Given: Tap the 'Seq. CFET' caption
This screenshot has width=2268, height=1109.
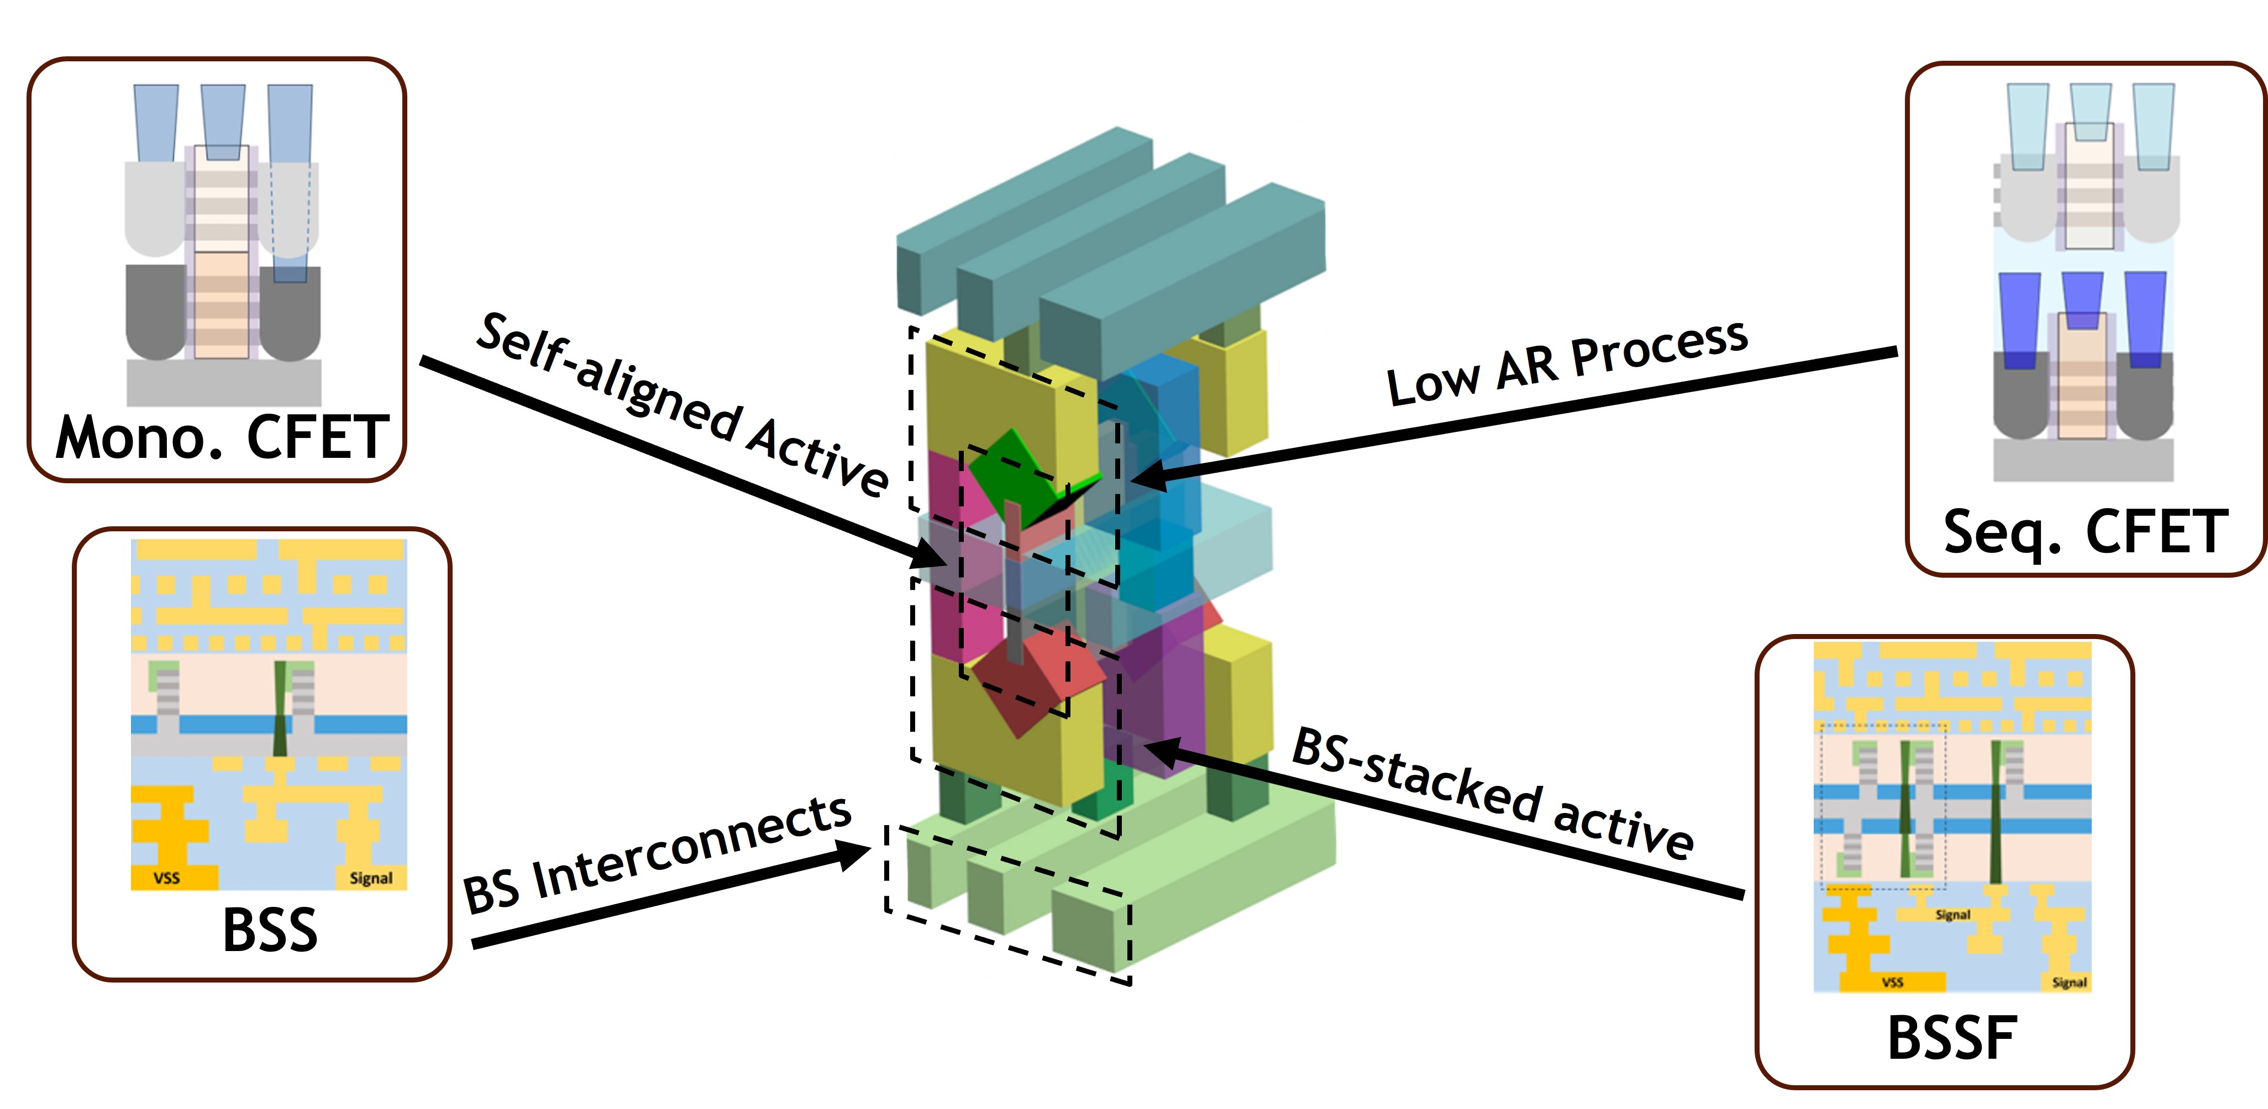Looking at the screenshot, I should (x=2085, y=532).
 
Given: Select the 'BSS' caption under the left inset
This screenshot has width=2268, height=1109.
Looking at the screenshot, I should (x=270, y=930).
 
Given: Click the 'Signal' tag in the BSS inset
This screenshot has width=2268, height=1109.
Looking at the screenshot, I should (x=371, y=878).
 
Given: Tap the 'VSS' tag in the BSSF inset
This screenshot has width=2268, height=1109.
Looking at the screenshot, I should (x=1892, y=981).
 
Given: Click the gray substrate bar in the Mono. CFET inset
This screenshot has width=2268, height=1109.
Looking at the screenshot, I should (x=224, y=382).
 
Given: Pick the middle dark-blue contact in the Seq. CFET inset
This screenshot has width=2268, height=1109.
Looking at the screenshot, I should (x=2082, y=299).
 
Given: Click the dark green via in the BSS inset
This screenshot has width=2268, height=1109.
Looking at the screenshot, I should (x=281, y=709).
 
